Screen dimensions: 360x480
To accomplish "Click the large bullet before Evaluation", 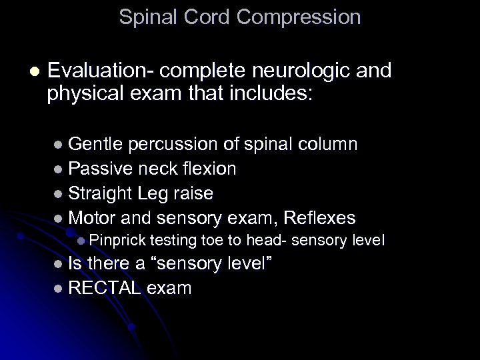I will [x=35, y=71].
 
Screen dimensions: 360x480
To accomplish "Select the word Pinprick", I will [x=117, y=240].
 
